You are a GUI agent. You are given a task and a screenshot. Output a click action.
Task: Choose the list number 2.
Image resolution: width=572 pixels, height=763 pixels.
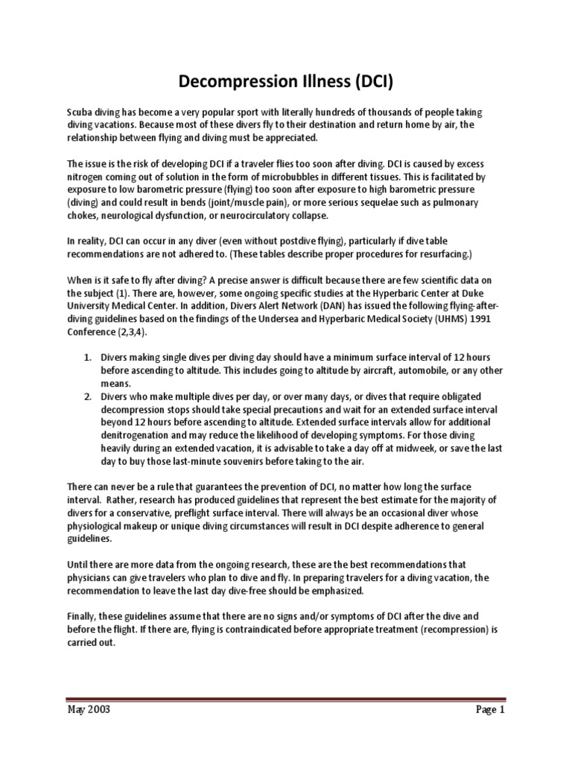(x=88, y=394)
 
